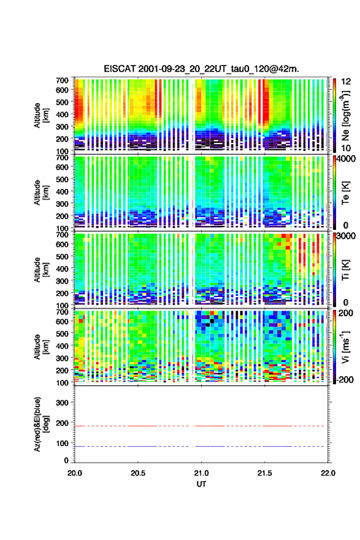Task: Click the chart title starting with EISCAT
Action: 201,69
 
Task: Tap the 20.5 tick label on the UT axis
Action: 137,473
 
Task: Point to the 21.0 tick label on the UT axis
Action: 201,473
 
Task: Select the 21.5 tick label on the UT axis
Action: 265,473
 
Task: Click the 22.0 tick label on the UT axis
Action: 328,473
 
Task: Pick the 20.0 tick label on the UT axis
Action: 75,473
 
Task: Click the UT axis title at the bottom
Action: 201,484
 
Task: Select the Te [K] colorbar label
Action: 346,193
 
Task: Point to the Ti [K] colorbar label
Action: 346,270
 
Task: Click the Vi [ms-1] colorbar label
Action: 345,347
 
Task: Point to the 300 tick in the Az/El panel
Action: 62,403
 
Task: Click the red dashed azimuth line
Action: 201,426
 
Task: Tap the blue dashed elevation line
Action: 201,446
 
